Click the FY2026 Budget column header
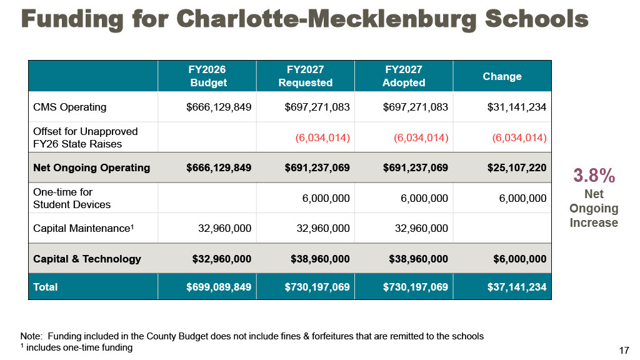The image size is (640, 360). [208, 76]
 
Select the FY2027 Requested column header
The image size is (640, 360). [305, 76]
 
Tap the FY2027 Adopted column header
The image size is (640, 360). [404, 76]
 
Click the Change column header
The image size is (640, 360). [502, 76]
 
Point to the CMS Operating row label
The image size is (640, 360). [70, 107]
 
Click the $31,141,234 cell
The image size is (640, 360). [517, 107]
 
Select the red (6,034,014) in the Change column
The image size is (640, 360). [519, 137]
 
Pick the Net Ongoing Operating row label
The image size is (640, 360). [91, 167]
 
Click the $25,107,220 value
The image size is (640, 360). [517, 167]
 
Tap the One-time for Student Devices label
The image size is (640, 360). [72, 198]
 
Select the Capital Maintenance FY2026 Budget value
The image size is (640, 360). [224, 228]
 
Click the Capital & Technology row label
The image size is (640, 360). [87, 259]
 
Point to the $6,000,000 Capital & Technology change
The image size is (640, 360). [519, 259]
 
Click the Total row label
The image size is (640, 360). [45, 287]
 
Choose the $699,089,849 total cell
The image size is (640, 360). [219, 287]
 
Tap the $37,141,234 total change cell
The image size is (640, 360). [517, 287]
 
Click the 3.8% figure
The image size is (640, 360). [594, 176]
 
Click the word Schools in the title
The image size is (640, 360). [537, 19]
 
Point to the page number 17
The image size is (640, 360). [624, 350]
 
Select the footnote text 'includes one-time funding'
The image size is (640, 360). [79, 347]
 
